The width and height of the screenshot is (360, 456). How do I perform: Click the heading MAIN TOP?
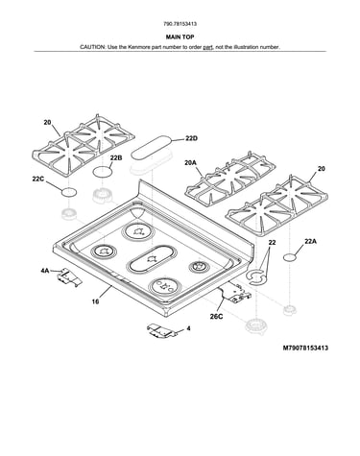point(180,37)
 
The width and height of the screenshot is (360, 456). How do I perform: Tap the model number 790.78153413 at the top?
point(180,24)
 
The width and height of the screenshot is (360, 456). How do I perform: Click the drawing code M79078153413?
point(305,348)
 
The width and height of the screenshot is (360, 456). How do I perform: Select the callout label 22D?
point(191,138)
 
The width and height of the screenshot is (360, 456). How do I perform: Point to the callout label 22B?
point(116,157)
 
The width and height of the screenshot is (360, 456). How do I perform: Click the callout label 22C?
point(37,180)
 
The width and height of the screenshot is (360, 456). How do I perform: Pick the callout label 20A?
point(190,163)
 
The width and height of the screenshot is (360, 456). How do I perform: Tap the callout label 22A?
point(310,242)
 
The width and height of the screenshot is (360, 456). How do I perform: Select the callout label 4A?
point(45,271)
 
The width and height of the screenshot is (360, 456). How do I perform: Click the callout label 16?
point(95,301)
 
